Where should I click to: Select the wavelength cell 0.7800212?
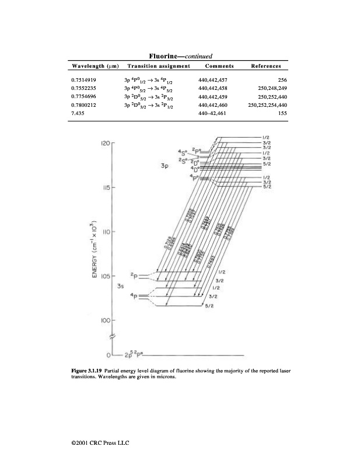coord(83,105)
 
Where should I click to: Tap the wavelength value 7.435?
coord(76,114)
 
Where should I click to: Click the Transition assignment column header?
coord(159,66)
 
